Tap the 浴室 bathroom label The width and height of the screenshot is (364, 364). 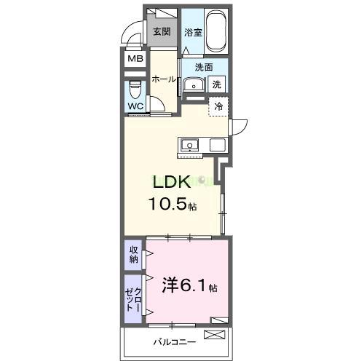tap(192, 32)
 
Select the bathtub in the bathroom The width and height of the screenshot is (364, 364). tap(216, 31)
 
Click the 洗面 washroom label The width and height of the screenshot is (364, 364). tap(204, 67)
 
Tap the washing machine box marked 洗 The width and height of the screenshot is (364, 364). tap(217, 84)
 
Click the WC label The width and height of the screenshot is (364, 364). tap(135, 106)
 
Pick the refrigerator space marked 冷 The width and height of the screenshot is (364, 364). tap(218, 106)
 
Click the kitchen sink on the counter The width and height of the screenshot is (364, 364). tap(189, 144)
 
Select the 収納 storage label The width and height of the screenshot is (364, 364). tap(134, 254)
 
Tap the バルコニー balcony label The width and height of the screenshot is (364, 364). tap(170, 341)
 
